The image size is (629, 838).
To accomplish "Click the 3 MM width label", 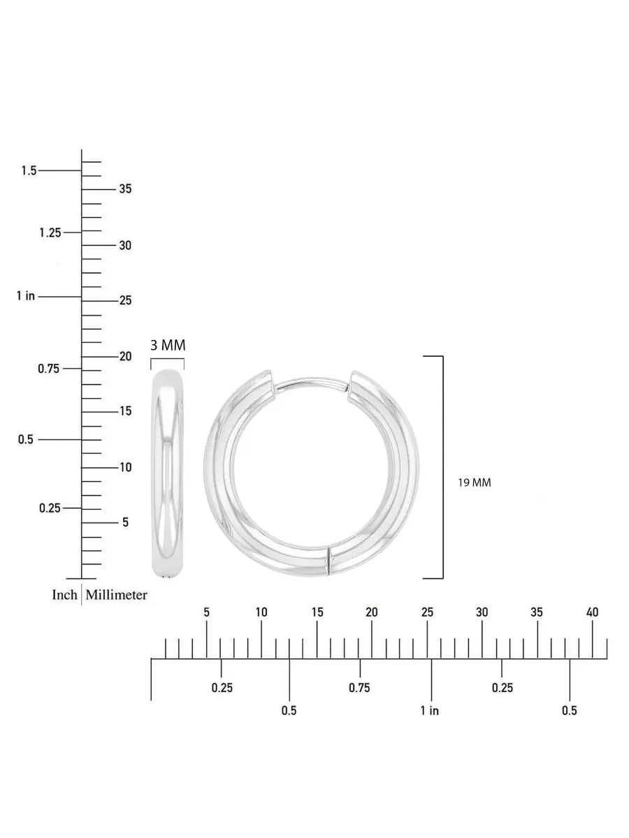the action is [x=168, y=345].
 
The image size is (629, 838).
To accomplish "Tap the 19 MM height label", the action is [x=475, y=483].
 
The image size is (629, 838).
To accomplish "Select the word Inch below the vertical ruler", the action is [x=64, y=594].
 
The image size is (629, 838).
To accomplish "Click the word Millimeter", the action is [x=116, y=594].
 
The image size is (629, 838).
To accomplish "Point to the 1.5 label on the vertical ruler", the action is [x=29, y=170].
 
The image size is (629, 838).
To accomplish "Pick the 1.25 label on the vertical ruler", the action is [x=50, y=233].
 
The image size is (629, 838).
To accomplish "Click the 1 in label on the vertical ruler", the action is [x=26, y=296].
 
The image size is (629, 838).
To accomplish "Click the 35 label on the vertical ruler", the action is [x=125, y=189].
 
